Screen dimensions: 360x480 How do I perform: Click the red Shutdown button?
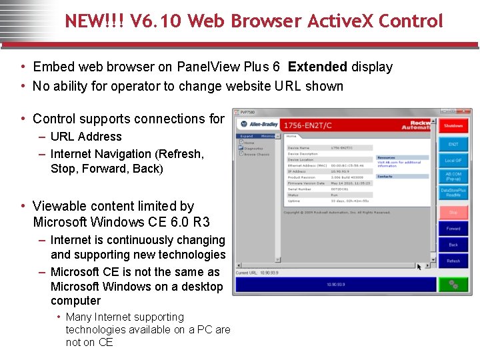453,126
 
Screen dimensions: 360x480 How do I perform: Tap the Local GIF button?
453,161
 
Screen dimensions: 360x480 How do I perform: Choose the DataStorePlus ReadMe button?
453,193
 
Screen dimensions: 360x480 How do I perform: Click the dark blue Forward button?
453,229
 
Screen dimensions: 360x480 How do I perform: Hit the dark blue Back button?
453,245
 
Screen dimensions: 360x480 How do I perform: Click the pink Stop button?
453,212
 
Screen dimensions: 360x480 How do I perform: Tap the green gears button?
453,284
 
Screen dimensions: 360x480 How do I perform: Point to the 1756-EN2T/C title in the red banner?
306,125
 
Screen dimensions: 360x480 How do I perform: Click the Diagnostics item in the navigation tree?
253,148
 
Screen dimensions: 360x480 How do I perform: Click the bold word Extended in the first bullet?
317,67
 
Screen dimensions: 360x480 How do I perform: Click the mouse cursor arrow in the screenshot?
419,266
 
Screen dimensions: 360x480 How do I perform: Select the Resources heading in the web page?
386,158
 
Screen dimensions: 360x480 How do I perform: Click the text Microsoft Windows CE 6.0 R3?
121,222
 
